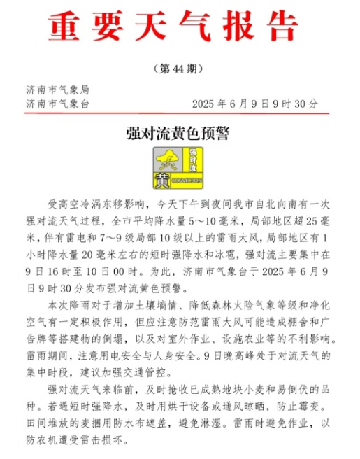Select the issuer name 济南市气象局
click(x=57, y=90)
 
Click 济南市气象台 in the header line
click(x=57, y=103)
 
